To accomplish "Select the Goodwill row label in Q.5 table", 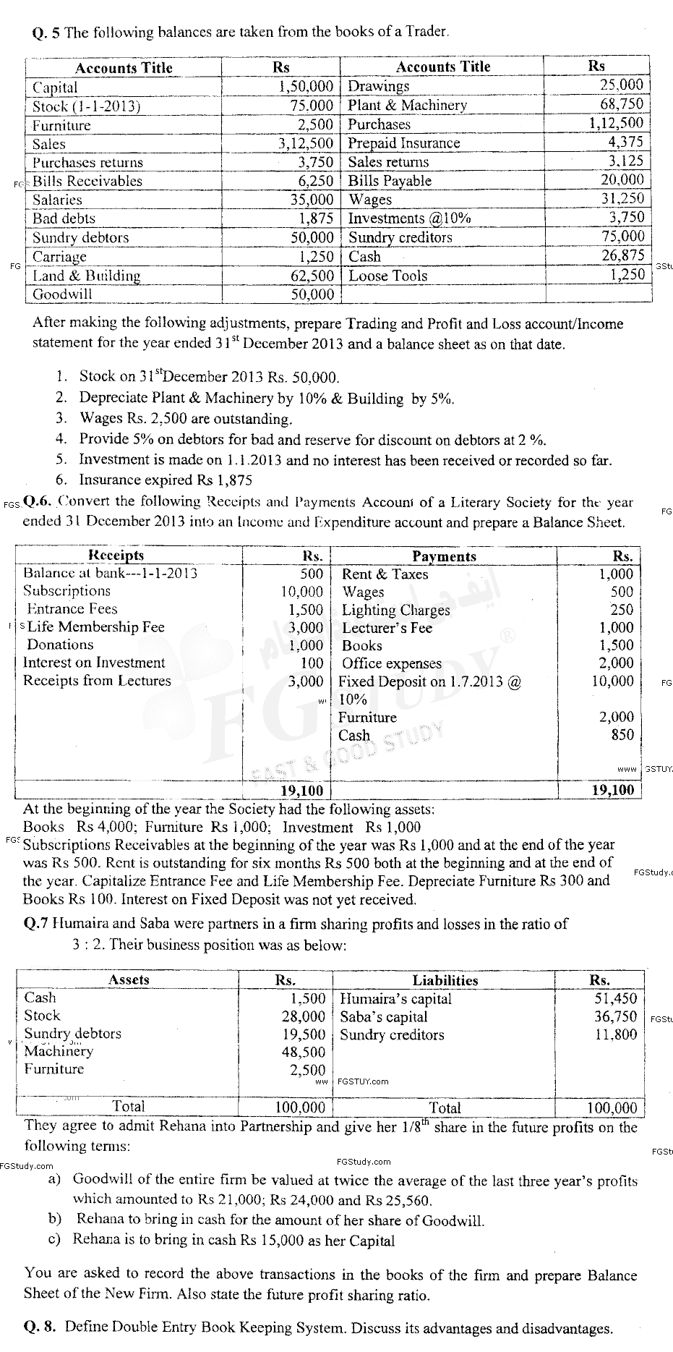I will click(x=62, y=294).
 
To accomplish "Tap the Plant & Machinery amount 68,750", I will click(x=621, y=104).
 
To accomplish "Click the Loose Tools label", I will click(x=387, y=276).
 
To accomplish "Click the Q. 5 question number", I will click(x=47, y=33).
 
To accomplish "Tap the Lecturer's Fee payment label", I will click(x=387, y=628).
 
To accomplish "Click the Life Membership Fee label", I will click(x=95, y=627).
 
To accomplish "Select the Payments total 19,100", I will click(x=612, y=791).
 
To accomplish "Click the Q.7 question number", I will click(x=38, y=924).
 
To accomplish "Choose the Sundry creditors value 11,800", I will click(x=615, y=1034).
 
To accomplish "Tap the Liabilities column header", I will click(x=445, y=980).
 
